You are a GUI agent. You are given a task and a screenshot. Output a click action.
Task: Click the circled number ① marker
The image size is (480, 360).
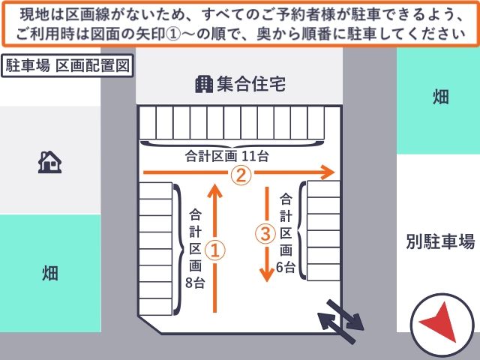215,250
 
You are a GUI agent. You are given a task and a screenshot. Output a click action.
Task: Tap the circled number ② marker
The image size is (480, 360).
241,175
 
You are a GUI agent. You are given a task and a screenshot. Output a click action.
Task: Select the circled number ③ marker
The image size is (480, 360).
265,233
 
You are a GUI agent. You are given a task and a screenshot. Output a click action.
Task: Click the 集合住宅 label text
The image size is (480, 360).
251,84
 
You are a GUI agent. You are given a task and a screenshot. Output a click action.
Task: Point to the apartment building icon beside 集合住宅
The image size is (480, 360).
204,84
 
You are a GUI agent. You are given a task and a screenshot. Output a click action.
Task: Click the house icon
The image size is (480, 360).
49,162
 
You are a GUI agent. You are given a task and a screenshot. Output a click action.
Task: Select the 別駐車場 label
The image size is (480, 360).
440,241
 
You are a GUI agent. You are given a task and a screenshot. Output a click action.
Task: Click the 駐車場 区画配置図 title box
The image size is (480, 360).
67,65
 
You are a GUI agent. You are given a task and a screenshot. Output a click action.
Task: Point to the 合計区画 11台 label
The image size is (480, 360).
226,156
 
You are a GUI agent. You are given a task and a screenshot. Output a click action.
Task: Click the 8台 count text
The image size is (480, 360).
195,283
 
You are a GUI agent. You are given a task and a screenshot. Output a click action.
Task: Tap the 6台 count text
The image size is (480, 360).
285,267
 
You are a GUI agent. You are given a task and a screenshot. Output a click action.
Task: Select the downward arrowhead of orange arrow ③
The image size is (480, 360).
267,274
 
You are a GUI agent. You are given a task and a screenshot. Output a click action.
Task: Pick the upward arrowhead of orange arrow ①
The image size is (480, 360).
215,191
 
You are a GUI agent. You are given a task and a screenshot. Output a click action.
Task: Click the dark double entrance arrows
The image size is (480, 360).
340,322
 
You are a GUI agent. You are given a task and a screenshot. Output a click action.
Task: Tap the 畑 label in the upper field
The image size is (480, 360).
441,97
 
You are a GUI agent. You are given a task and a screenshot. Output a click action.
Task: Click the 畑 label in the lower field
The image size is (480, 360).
50,273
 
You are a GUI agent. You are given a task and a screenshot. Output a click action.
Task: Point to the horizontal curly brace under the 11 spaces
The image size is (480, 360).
232,144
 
